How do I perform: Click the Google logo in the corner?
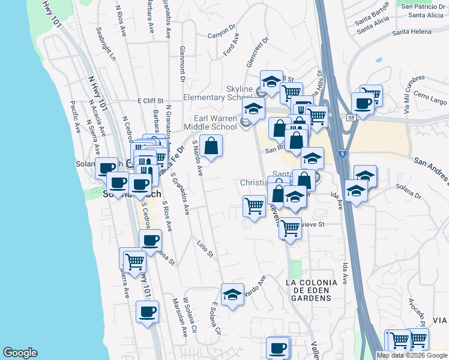pyautogui.click(x=20, y=353)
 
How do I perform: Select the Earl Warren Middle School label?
pyautogui.click(x=214, y=122)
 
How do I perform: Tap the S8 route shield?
pyautogui.click(x=351, y=119)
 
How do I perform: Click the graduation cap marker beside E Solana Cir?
pyautogui.click(x=233, y=295)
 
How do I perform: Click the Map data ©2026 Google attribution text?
pyautogui.click(x=412, y=355)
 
